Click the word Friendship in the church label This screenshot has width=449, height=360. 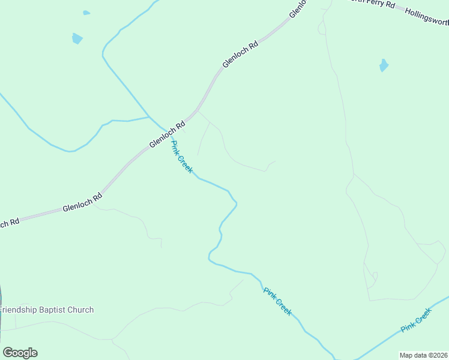[x=20, y=310]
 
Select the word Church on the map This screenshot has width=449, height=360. [x=83, y=310]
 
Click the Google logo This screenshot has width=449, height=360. [x=20, y=353]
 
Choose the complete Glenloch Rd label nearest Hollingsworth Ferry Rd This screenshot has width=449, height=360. [x=240, y=54]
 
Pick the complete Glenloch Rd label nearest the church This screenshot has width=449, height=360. [x=82, y=203]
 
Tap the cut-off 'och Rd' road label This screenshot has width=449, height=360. [x=9, y=223]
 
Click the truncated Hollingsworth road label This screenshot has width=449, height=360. [x=427, y=17]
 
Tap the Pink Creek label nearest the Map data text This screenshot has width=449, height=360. [x=417, y=320]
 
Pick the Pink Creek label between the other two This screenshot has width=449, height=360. [x=278, y=301]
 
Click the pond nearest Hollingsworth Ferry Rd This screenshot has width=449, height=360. [x=384, y=65]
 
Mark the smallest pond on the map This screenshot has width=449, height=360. [x=86, y=13]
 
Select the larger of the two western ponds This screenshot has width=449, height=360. [x=77, y=39]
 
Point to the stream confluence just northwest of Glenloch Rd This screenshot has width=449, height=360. [x=149, y=116]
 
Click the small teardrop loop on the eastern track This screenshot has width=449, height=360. [x=375, y=277]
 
